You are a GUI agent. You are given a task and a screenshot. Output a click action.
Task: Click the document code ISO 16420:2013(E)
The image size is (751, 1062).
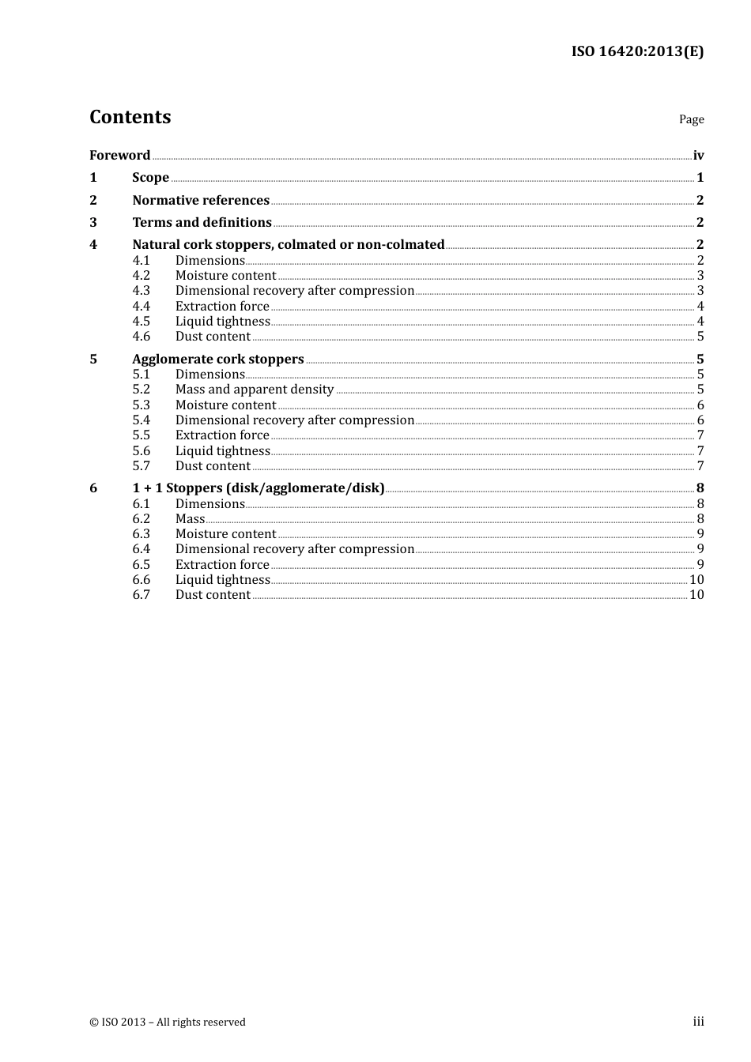click(637, 52)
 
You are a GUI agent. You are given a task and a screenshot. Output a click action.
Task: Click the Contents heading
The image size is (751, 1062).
click(130, 117)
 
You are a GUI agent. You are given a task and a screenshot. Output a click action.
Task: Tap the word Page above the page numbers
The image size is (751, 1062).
click(691, 119)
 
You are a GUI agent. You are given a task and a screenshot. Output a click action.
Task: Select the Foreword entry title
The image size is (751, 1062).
click(119, 156)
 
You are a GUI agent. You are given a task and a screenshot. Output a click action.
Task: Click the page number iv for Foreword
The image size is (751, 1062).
click(698, 156)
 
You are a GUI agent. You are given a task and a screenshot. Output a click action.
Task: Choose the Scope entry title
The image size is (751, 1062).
click(150, 178)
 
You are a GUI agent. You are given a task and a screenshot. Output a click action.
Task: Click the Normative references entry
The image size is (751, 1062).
click(201, 201)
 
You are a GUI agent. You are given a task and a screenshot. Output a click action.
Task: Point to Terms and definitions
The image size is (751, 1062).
click(202, 223)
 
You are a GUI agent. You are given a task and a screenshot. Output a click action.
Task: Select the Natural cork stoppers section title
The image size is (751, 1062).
click(288, 245)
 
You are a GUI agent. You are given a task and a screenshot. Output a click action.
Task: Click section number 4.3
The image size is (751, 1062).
click(141, 291)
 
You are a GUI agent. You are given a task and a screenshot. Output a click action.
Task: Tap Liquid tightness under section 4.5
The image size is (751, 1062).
click(222, 322)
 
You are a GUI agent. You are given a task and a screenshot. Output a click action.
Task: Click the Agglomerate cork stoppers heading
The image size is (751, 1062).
click(217, 360)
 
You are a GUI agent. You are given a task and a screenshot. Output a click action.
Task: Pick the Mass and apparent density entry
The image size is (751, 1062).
click(254, 390)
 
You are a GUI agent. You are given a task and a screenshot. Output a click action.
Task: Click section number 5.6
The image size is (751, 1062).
click(141, 451)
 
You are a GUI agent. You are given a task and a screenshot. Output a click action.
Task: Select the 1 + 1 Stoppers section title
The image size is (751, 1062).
click(258, 488)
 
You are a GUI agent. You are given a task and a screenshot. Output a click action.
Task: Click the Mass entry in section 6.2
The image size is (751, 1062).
click(190, 519)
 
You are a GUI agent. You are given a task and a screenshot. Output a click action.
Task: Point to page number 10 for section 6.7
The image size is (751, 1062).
click(696, 595)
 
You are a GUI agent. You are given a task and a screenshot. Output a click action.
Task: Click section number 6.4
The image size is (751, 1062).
click(141, 549)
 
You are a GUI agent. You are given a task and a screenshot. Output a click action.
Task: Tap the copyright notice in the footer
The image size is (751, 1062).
click(168, 1022)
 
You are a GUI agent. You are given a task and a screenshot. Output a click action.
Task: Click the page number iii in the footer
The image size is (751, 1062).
click(698, 1022)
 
